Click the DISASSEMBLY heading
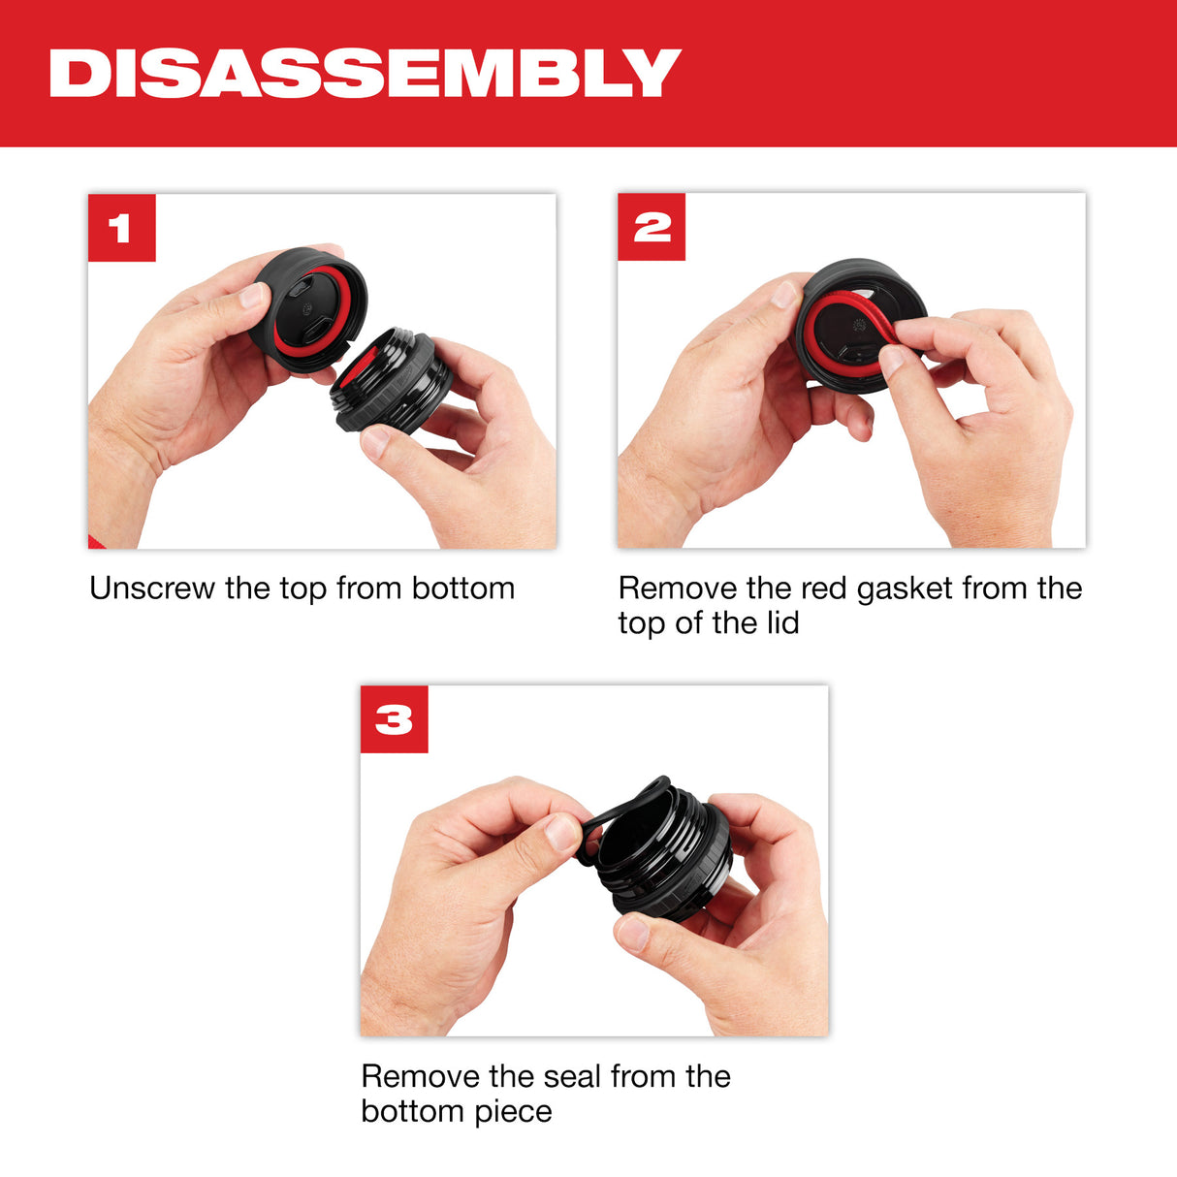[x=365, y=74]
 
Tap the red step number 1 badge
[x=121, y=228]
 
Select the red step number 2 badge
[x=652, y=227]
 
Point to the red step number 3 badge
[x=394, y=719]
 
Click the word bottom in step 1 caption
[x=462, y=588]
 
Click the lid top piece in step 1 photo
[x=307, y=310]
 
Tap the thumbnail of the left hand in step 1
[x=254, y=295]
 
